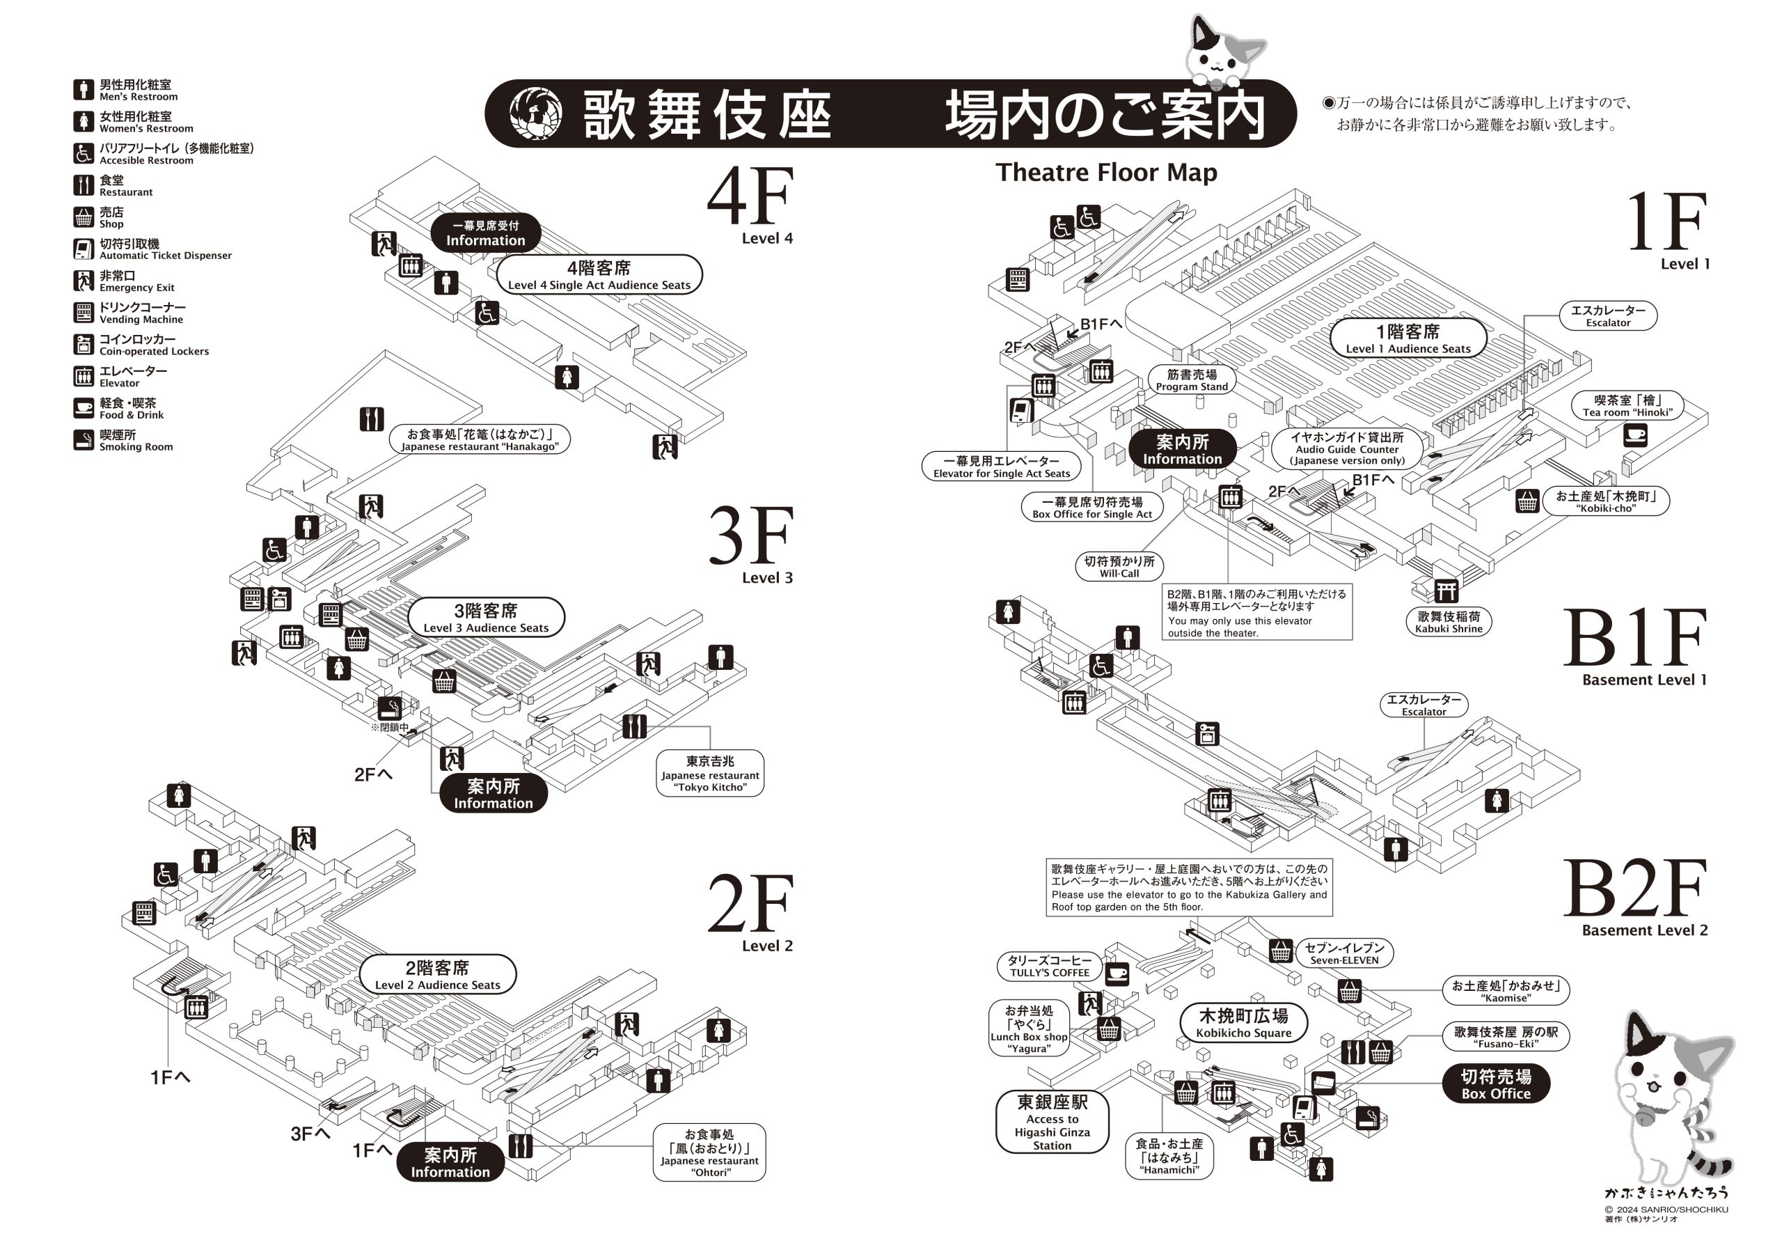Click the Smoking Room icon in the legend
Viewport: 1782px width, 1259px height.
[84, 440]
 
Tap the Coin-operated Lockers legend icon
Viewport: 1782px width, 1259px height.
[84, 345]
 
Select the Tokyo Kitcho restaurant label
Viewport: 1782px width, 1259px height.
[709, 773]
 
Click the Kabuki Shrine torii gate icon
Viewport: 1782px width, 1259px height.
[1445, 591]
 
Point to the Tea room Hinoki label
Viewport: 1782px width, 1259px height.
[1627, 405]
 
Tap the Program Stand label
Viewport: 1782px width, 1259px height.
[1191, 380]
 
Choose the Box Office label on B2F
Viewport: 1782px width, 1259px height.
[1496, 1084]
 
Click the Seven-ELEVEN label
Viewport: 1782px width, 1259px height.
[1344, 953]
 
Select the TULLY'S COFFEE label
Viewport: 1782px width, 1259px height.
[1049, 966]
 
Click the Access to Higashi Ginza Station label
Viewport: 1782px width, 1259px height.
[1052, 1123]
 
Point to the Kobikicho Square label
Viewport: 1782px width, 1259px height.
[1243, 1022]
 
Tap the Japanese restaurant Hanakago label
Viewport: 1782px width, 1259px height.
[480, 439]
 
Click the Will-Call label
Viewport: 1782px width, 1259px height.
[1119, 567]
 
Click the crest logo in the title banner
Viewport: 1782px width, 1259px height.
[535, 114]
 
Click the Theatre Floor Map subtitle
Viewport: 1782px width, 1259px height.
[1106, 172]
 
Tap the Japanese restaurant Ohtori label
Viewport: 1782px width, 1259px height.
[709, 1152]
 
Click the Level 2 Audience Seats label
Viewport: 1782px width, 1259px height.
[438, 975]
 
